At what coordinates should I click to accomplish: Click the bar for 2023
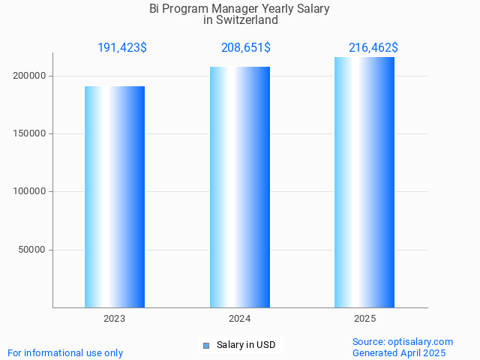pyautogui.click(x=115, y=196)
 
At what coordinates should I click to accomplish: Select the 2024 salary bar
pyautogui.click(x=240, y=187)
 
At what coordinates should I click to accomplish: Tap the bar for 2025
pyautogui.click(x=364, y=182)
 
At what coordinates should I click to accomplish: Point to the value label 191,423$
pyautogui.click(x=122, y=48)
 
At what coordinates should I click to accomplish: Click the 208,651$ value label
pyautogui.click(x=246, y=48)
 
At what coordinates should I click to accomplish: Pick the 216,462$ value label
pyautogui.click(x=373, y=48)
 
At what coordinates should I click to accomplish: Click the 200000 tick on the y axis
pyautogui.click(x=30, y=76)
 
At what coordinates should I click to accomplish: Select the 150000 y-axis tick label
pyautogui.click(x=30, y=133)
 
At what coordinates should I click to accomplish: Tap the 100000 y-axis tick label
pyautogui.click(x=30, y=191)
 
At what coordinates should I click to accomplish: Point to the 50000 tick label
pyautogui.click(x=33, y=250)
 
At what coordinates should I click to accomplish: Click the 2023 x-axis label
pyautogui.click(x=115, y=319)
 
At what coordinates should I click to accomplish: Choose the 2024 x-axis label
pyautogui.click(x=240, y=319)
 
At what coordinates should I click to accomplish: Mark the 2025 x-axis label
pyautogui.click(x=364, y=319)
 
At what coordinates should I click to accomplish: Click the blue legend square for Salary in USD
pyautogui.click(x=205, y=345)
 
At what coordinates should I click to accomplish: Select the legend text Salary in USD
pyautogui.click(x=246, y=345)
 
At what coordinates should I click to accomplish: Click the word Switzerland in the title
pyautogui.click(x=247, y=20)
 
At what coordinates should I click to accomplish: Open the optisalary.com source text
pyautogui.click(x=403, y=342)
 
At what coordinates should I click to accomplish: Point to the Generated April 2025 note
pyautogui.click(x=399, y=352)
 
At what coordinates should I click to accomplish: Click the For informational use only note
pyautogui.click(x=65, y=352)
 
